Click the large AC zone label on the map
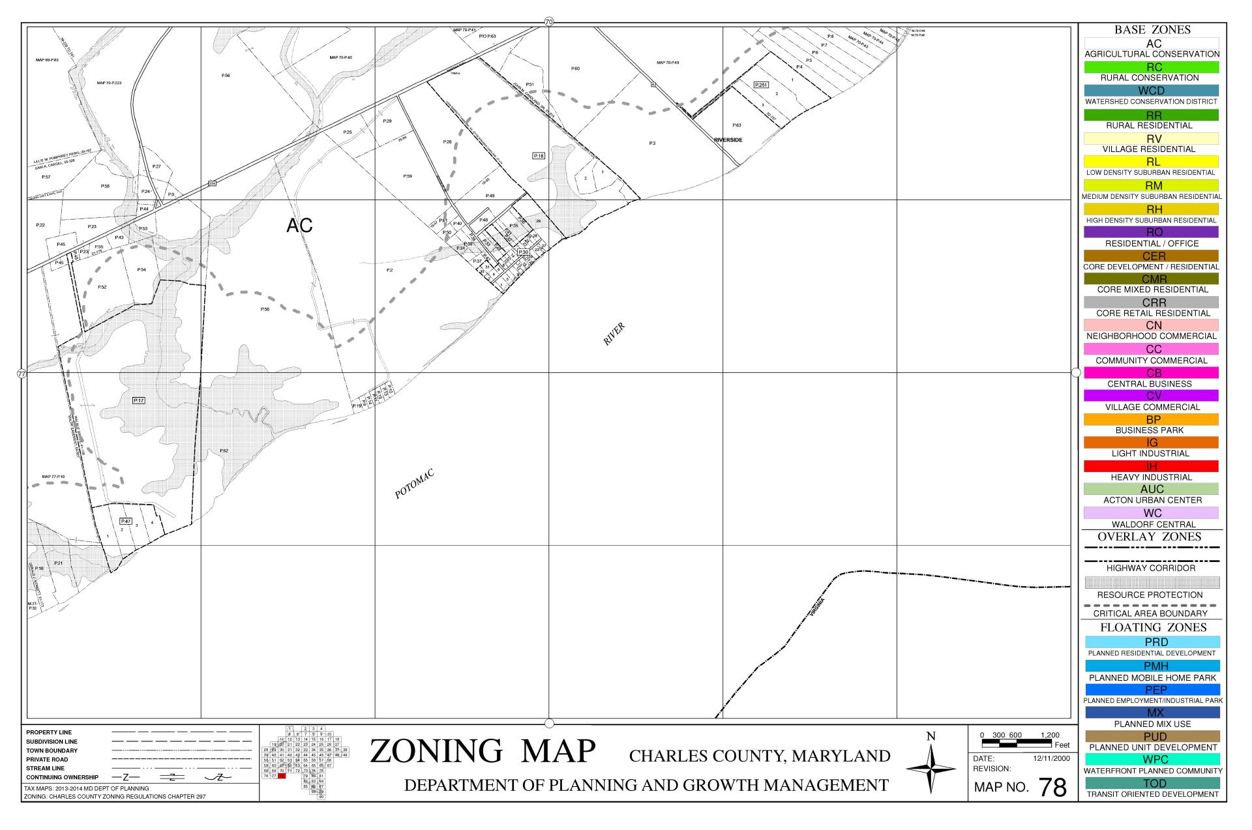pyautogui.click(x=299, y=226)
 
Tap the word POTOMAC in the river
pyautogui.click(x=414, y=484)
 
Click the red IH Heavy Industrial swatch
pyautogui.click(x=1151, y=466)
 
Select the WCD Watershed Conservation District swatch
pyautogui.click(x=1151, y=91)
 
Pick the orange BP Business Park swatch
pyautogui.click(x=1151, y=419)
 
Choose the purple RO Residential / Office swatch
pyautogui.click(x=1151, y=232)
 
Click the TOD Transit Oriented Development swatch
pyautogui.click(x=1151, y=783)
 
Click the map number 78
pyautogui.click(x=1052, y=788)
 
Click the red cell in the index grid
pyautogui.click(x=282, y=776)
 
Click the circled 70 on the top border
pyautogui.click(x=548, y=22)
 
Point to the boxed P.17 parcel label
pyautogui.click(x=138, y=400)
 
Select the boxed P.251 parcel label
pyautogui.click(x=760, y=85)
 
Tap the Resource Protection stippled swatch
pyautogui.click(x=1151, y=582)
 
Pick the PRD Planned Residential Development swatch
pyautogui.click(x=1151, y=642)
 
